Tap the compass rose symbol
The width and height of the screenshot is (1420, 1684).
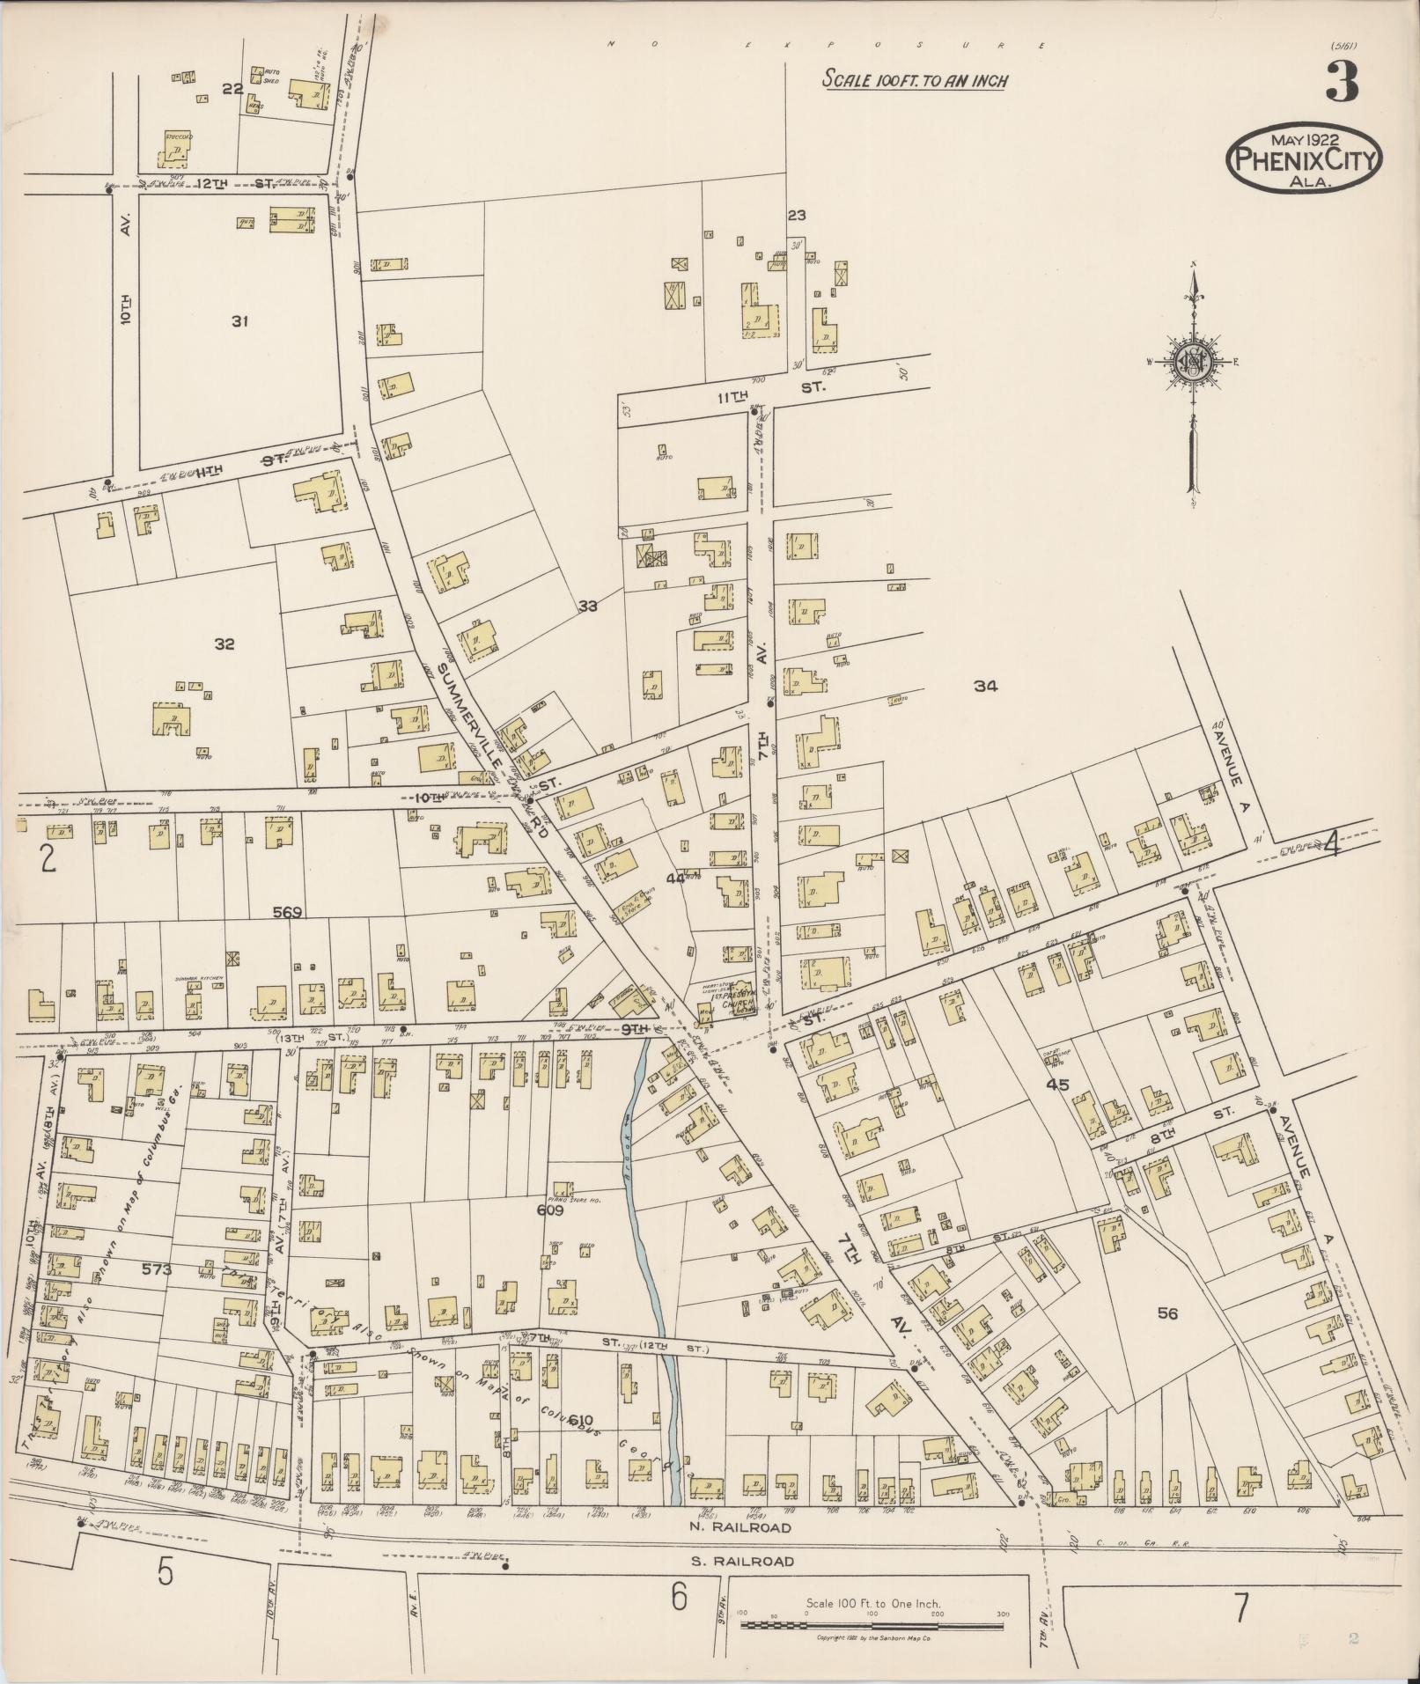click(1192, 362)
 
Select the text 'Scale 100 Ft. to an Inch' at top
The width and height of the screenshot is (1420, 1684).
click(915, 80)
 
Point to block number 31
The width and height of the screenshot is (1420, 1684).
click(239, 321)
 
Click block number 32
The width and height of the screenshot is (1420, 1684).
click(224, 644)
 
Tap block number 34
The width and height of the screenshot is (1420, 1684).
click(985, 687)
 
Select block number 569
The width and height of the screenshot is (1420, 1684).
click(287, 912)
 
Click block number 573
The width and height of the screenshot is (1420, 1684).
click(157, 1269)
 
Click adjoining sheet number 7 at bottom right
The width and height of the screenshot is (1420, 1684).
click(1240, 1608)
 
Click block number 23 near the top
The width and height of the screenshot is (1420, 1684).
click(797, 215)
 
